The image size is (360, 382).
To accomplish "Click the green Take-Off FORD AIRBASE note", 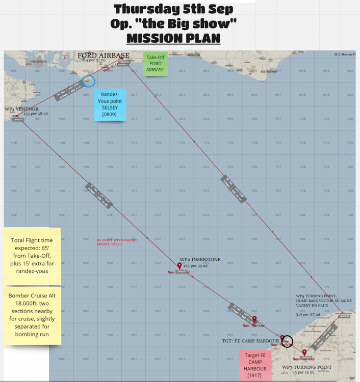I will click(x=156, y=64).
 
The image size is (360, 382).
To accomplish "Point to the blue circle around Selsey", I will click(x=88, y=80).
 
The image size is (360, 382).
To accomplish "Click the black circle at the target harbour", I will click(x=288, y=341).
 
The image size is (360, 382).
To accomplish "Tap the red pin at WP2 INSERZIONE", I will click(x=179, y=266).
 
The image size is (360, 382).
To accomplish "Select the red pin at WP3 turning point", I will click(x=304, y=352).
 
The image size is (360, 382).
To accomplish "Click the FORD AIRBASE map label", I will click(x=104, y=56).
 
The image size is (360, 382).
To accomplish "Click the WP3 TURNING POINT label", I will click(x=307, y=367).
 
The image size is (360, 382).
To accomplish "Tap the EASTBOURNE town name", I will click(x=268, y=72).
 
